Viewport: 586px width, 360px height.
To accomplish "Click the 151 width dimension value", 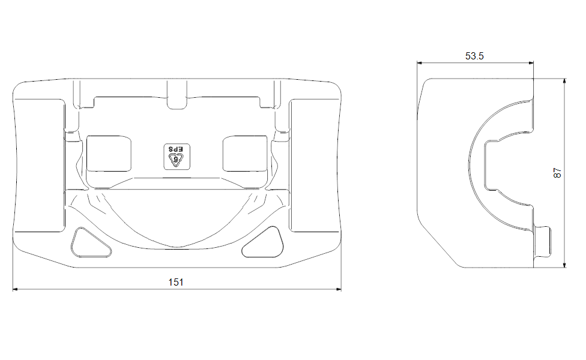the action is [176, 282].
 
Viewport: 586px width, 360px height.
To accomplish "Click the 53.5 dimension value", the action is [474, 56].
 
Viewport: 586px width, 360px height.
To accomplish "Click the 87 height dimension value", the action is [557, 173].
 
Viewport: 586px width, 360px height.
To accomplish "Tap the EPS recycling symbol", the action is [177, 157].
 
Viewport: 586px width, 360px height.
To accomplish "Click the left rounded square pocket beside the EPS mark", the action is [109, 154].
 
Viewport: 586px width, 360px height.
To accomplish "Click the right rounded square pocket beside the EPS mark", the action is [245, 154].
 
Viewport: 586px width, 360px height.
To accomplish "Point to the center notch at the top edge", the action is [177, 94].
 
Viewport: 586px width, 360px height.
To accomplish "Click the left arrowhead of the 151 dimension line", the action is [16, 289].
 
